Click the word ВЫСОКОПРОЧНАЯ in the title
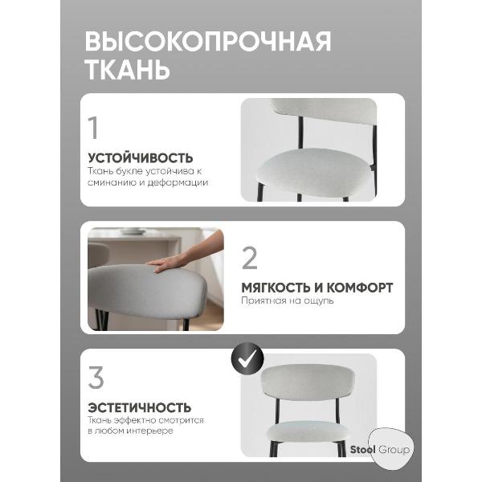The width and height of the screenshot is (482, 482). pos(207,41)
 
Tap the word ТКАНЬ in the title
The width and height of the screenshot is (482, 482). pos(127,69)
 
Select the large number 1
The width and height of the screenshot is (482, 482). pos(94,128)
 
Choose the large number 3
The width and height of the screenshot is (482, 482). pos(96,378)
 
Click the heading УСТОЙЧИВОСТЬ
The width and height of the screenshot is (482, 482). pos(140,158)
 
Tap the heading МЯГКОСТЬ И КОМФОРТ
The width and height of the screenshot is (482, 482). pos(317,287)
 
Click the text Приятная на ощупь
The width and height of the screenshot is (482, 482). pos(287,301)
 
